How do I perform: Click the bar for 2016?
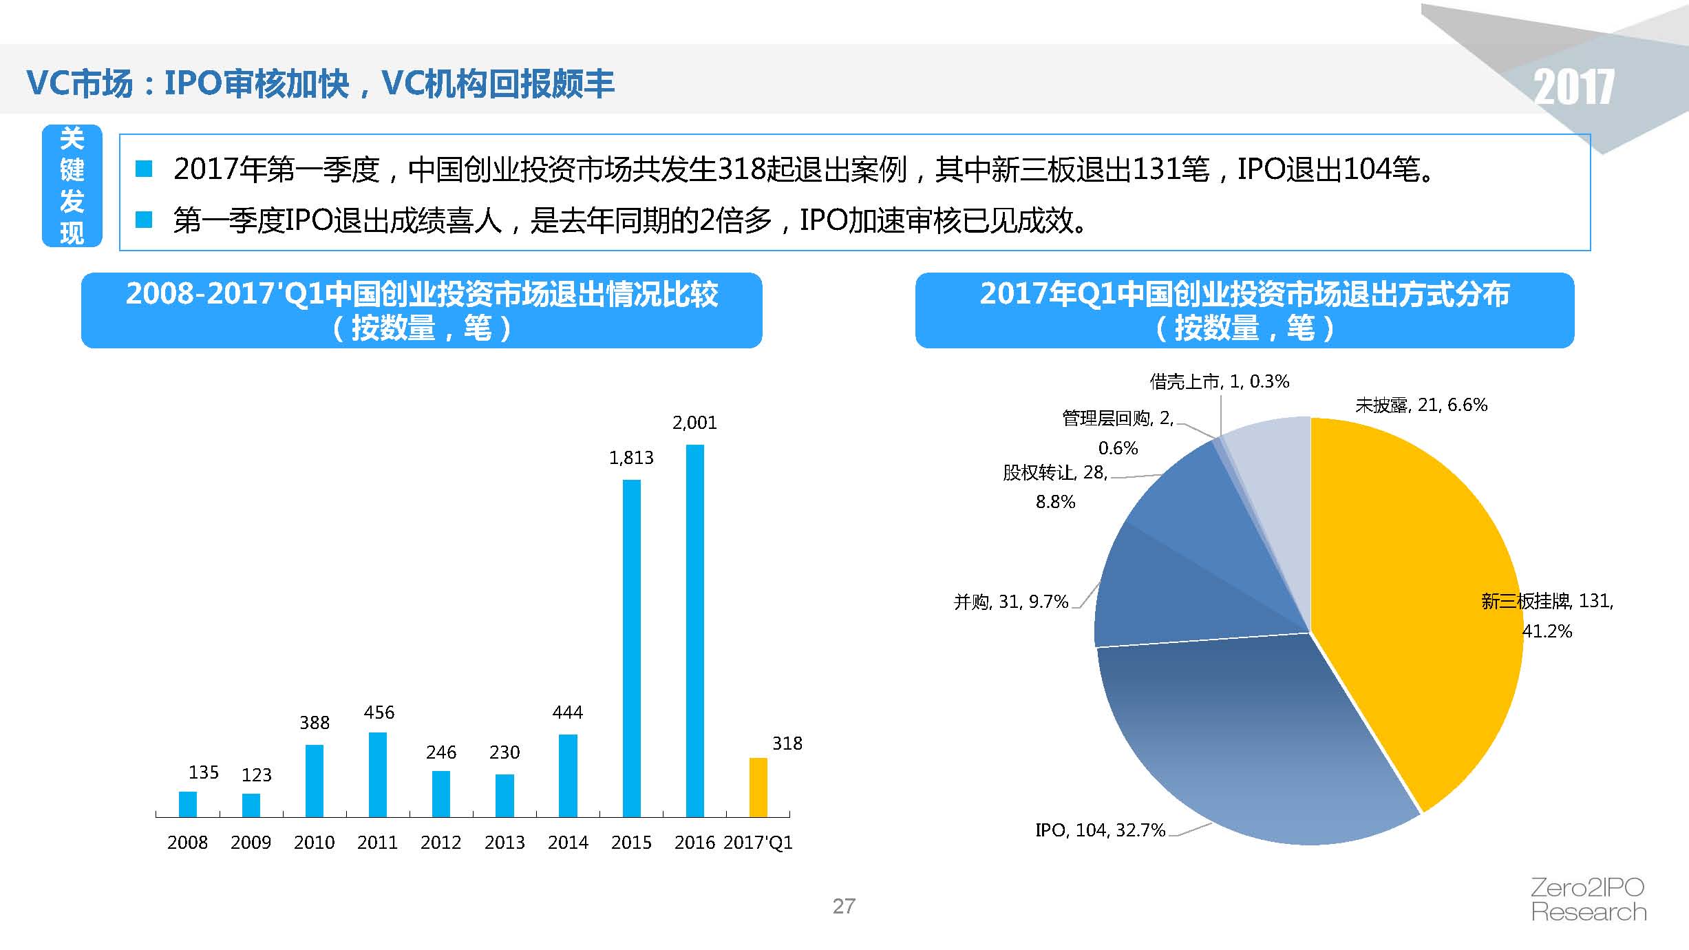(694, 630)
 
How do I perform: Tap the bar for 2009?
(251, 805)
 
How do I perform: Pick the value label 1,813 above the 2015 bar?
(631, 458)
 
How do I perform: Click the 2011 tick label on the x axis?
(377, 843)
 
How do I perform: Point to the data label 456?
(379, 712)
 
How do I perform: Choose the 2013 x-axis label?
(504, 843)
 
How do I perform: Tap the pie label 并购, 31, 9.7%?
(1010, 602)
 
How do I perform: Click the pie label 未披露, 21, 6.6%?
(1421, 405)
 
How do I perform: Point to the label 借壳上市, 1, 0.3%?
(1219, 381)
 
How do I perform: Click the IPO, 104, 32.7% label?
(1100, 830)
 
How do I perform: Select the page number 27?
(844, 906)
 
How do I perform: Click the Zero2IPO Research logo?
(1589, 900)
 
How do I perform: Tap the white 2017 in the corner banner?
(1573, 87)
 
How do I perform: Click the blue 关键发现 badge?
(72, 186)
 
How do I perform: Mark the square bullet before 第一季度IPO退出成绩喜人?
(144, 220)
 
